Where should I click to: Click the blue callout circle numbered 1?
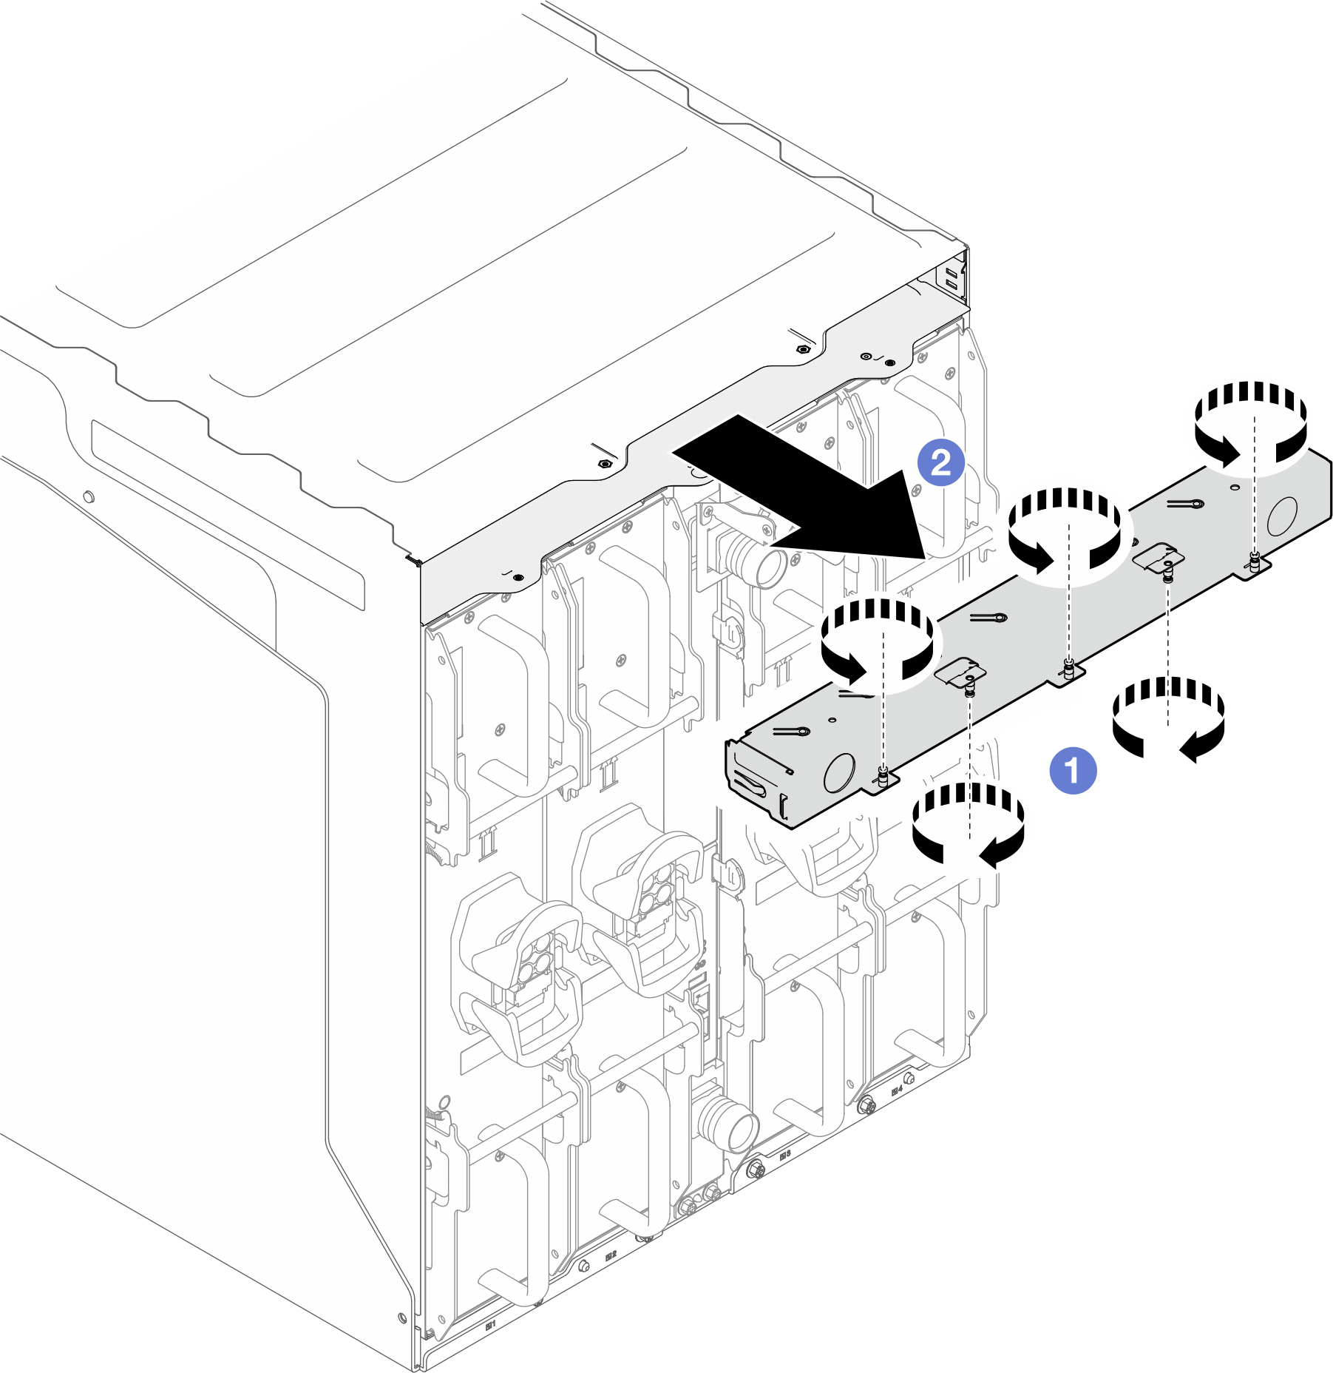click(x=1073, y=771)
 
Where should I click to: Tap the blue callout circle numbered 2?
click(x=940, y=463)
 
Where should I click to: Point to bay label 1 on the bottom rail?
click(x=489, y=1325)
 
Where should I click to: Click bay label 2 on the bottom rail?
click(x=611, y=1255)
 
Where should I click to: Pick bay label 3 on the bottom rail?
click(x=785, y=1154)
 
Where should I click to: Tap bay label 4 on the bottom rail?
click(x=897, y=1090)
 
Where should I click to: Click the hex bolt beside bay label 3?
click(x=755, y=1170)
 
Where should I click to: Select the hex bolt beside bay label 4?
click(x=867, y=1107)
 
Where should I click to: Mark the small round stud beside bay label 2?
click(x=583, y=1266)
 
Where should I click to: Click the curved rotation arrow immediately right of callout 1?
click(x=1168, y=718)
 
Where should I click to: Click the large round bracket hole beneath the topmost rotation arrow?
click(x=1282, y=516)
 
